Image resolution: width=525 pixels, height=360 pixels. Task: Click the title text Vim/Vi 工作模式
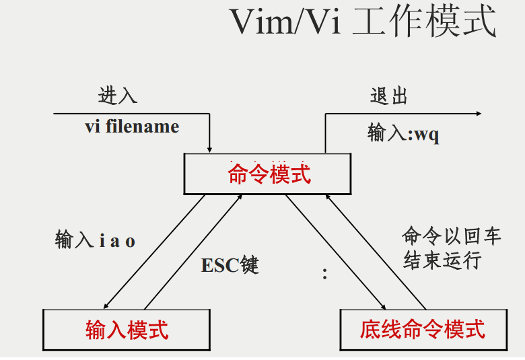click(x=363, y=23)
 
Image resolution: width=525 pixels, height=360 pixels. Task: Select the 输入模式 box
click(x=127, y=330)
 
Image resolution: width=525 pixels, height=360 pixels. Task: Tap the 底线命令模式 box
click(x=423, y=330)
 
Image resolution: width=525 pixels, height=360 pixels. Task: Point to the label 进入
click(x=118, y=96)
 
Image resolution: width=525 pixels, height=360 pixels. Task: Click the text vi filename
click(x=132, y=127)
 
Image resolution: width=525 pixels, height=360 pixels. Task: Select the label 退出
click(x=389, y=96)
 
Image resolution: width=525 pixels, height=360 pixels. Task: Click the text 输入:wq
click(x=403, y=133)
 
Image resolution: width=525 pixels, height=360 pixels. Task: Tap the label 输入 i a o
click(x=95, y=240)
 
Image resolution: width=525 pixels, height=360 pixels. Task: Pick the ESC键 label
click(x=230, y=265)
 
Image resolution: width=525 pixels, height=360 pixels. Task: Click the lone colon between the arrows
click(x=324, y=274)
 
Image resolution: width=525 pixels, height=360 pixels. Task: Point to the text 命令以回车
click(x=442, y=237)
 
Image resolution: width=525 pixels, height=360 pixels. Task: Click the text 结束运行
click(x=442, y=260)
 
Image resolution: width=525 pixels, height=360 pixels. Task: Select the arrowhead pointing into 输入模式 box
click(x=107, y=305)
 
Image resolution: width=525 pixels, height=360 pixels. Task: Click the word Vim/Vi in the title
click(x=285, y=23)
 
